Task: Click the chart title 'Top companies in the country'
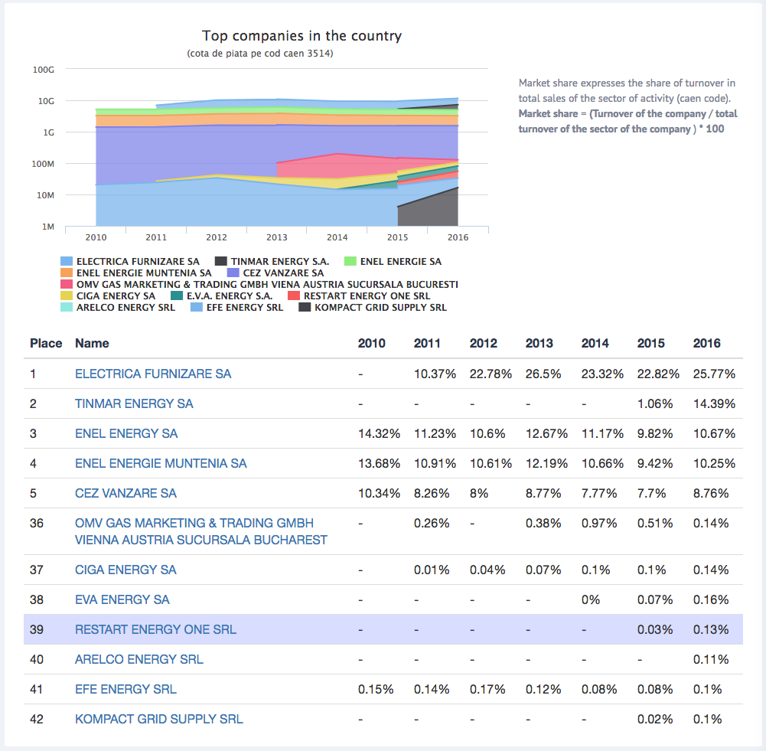302,36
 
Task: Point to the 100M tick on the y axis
43,164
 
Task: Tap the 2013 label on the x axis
276,237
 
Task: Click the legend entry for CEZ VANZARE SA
275,273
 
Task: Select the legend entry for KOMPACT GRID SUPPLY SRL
373,307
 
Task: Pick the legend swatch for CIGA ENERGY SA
67,296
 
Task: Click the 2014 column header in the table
595,343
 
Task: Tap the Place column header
46,343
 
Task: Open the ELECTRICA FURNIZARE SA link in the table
153,374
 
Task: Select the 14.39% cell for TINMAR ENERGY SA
714,403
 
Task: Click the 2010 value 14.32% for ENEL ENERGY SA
379,433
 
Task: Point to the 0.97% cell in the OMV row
599,523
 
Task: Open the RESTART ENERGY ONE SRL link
155,629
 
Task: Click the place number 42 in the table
37,719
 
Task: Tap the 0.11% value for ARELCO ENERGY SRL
711,659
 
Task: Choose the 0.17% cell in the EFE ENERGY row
487,689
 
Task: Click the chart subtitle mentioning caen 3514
260,54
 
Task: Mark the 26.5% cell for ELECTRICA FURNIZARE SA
543,374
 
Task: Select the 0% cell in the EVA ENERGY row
591,599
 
